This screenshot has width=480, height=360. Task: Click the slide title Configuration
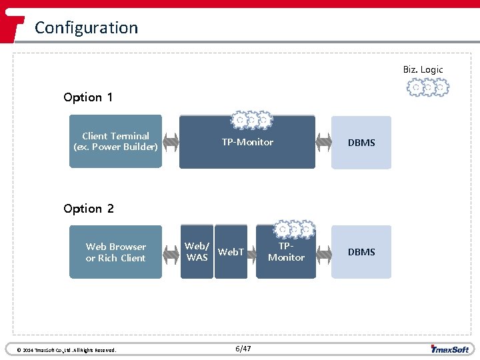point(86,27)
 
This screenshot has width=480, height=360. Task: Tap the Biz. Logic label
point(423,69)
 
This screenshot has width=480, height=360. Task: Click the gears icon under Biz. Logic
point(427,87)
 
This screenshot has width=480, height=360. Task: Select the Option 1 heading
point(88,97)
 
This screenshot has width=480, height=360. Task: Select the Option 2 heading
point(89,209)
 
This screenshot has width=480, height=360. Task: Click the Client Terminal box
point(116,141)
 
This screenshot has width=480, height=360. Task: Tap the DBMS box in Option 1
point(361,142)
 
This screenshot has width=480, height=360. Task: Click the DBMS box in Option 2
point(361,252)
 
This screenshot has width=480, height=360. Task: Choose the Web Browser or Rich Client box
point(116,252)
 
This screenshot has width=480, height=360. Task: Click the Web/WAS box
point(197,253)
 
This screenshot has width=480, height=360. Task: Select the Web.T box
point(231,253)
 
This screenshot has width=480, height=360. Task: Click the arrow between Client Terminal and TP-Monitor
point(171,142)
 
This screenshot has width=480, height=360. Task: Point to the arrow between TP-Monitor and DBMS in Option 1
point(324,142)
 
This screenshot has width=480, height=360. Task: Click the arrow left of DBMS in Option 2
point(324,252)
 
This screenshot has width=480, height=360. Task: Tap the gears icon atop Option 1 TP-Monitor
point(251,120)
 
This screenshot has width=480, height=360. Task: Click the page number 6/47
point(243,349)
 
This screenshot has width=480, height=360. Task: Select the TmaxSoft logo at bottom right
point(450,349)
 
